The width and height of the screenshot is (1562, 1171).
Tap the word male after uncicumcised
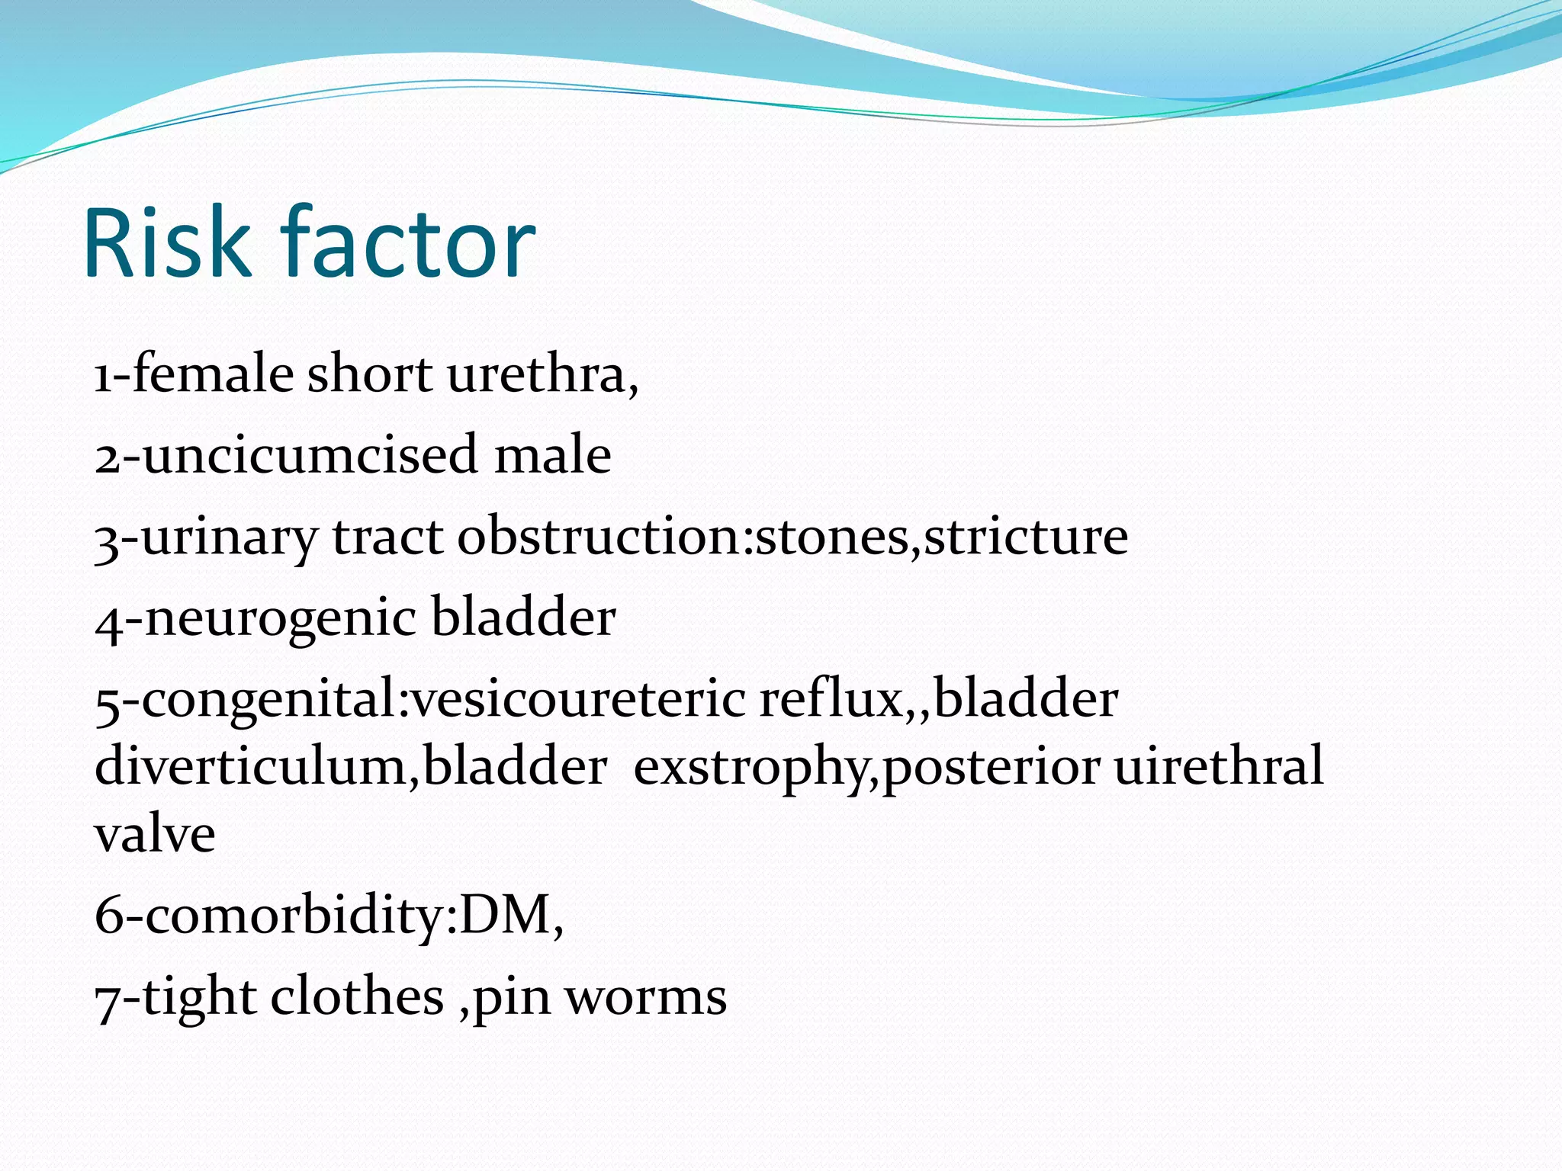553,455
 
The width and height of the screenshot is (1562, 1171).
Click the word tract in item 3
387,537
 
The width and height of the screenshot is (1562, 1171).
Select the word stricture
1026,537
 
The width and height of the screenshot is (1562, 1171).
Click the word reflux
831,699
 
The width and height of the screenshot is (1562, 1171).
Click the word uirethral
1219,766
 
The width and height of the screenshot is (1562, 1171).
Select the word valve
155,835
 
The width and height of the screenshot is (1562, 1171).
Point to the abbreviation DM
506,915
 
